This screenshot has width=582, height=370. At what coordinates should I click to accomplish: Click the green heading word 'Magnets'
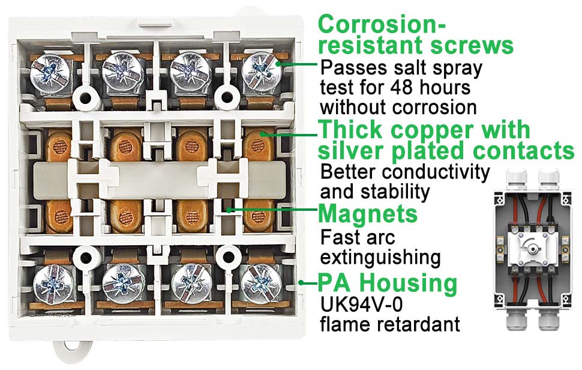tap(368, 214)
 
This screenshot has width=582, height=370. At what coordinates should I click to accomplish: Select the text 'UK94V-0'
tap(361, 305)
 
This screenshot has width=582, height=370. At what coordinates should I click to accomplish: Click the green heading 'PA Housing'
tap(388, 283)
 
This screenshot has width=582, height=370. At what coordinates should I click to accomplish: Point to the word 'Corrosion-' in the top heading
tap(382, 25)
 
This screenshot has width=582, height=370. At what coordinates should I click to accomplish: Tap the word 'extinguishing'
tap(380, 257)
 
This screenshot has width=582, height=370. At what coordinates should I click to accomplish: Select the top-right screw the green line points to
tap(262, 71)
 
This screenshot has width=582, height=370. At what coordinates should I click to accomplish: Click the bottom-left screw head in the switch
tap(52, 284)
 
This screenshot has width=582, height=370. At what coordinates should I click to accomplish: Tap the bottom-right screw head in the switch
tap(260, 284)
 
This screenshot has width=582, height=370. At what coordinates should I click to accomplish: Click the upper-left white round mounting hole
tap(85, 99)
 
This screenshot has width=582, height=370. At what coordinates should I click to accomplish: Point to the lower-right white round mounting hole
tap(228, 258)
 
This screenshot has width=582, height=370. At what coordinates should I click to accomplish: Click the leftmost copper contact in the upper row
tap(59, 145)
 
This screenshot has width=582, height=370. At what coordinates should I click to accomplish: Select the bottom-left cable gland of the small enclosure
tap(517, 319)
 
